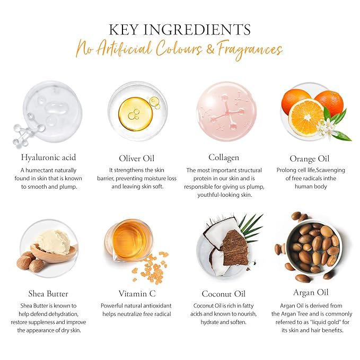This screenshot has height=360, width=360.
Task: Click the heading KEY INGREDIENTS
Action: [180, 30]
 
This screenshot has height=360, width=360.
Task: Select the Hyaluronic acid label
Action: [48, 157]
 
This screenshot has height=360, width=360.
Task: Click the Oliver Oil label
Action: [137, 159]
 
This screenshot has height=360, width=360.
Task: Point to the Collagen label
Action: [224, 157]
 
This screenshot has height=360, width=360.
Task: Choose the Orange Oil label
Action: [310, 159]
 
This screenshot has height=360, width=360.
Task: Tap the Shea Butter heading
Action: [48, 294]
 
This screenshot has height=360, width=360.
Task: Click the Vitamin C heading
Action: [137, 293]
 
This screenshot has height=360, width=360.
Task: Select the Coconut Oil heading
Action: [224, 294]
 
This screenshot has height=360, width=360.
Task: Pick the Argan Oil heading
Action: [311, 293]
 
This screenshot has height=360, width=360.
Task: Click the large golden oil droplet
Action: [135, 114]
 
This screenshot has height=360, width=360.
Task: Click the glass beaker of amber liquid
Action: [129, 240]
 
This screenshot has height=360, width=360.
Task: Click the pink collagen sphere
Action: [226, 111]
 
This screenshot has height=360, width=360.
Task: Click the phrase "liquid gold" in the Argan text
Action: [325, 322]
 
